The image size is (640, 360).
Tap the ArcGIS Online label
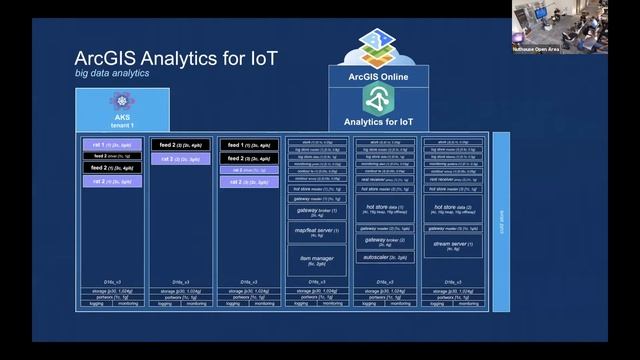click(379, 74)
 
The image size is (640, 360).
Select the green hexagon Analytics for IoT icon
click(379, 98)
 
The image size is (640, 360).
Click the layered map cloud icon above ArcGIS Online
click(379, 45)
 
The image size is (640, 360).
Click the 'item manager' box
click(317, 261)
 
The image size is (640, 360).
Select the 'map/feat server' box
click(317, 232)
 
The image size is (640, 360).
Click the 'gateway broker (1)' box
click(317, 212)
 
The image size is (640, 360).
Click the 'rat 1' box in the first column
click(112, 145)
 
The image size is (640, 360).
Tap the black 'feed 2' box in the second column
click(180, 145)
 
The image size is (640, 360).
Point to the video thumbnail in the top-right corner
click(567, 21)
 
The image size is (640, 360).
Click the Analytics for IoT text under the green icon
click(379, 122)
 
